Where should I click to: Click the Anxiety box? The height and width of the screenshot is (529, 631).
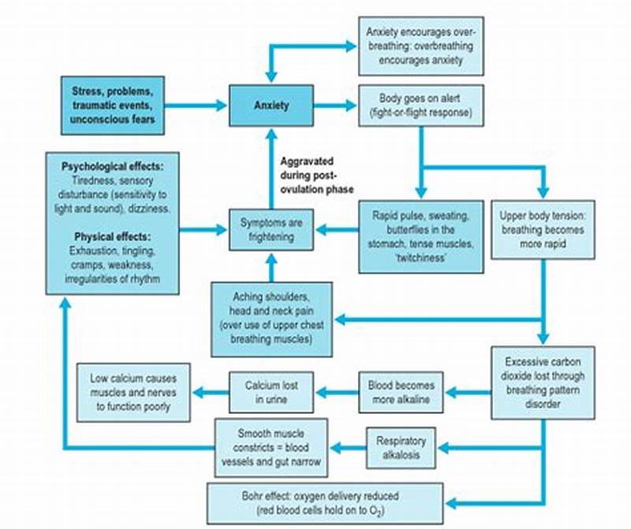click(271, 105)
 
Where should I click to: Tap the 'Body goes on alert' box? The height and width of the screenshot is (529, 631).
click(420, 106)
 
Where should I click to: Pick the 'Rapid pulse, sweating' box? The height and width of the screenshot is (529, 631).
click(420, 236)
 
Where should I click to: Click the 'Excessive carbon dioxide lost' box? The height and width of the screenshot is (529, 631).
click(543, 382)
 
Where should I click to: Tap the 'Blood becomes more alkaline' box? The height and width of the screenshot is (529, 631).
click(401, 392)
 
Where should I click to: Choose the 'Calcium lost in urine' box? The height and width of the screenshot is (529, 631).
click(271, 392)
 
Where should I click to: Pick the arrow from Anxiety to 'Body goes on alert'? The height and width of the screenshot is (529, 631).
click(334, 105)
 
